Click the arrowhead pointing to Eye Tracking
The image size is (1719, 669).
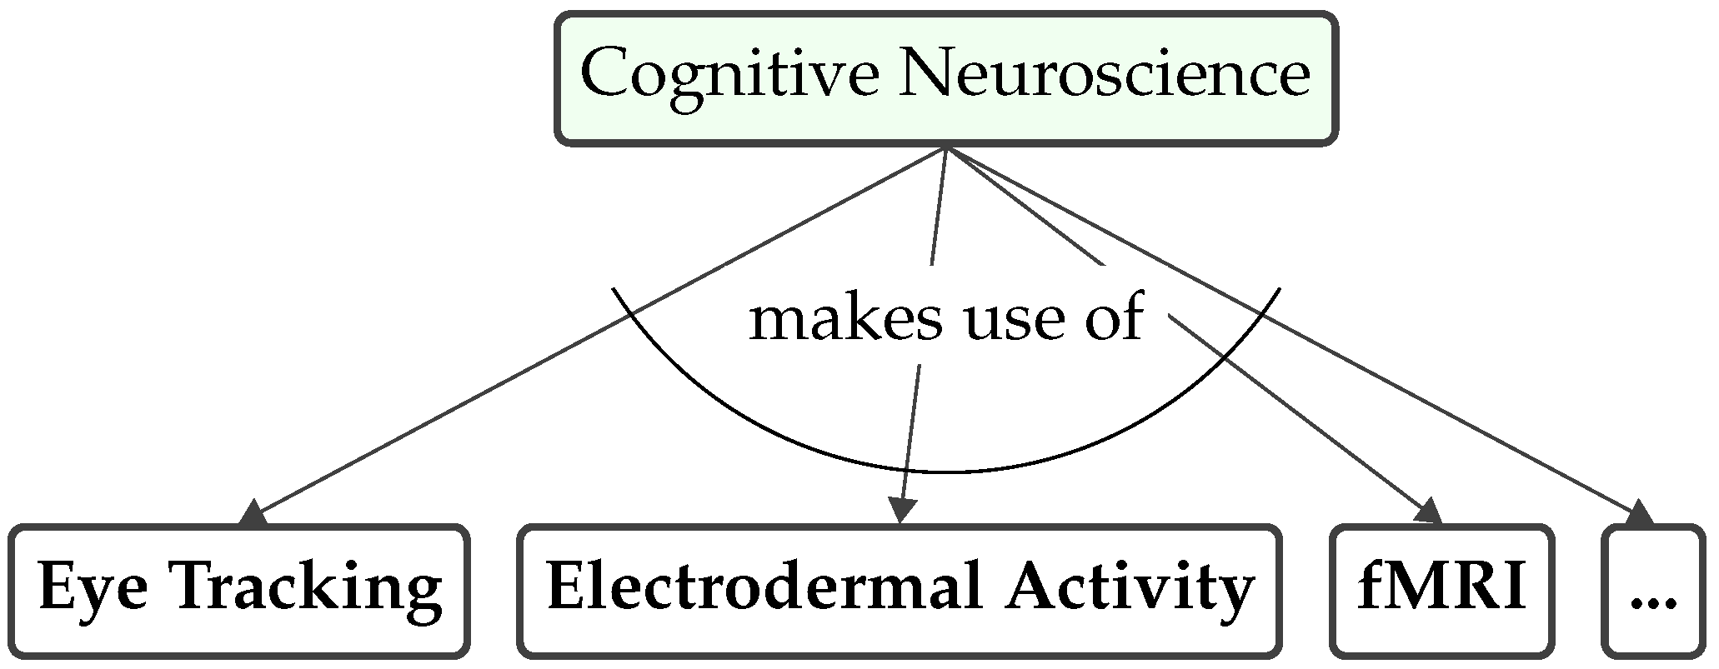tap(253, 512)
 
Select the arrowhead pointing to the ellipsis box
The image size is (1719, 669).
tap(1638, 513)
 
